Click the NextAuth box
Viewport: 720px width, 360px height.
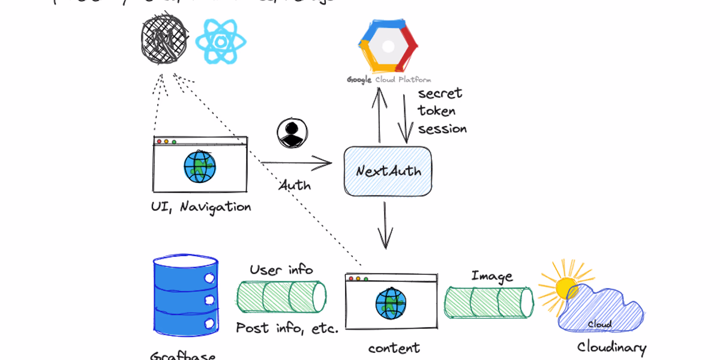click(388, 171)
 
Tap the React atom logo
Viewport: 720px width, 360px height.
click(221, 41)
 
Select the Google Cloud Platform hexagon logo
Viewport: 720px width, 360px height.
click(388, 46)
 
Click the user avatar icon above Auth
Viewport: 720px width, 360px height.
click(292, 133)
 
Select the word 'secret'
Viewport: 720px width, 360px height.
click(440, 94)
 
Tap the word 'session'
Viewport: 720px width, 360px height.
click(442, 129)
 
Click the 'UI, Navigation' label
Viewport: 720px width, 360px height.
click(201, 207)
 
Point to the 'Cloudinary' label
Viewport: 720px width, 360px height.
click(611, 347)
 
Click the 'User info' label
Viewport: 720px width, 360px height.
click(281, 270)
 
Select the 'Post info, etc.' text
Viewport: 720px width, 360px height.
click(287, 328)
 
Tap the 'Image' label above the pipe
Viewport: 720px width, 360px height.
click(492, 276)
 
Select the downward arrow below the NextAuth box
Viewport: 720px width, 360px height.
click(385, 226)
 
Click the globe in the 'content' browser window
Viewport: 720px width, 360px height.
click(391, 304)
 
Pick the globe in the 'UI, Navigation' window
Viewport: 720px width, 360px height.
click(200, 167)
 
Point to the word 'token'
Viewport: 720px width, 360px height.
click(437, 111)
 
